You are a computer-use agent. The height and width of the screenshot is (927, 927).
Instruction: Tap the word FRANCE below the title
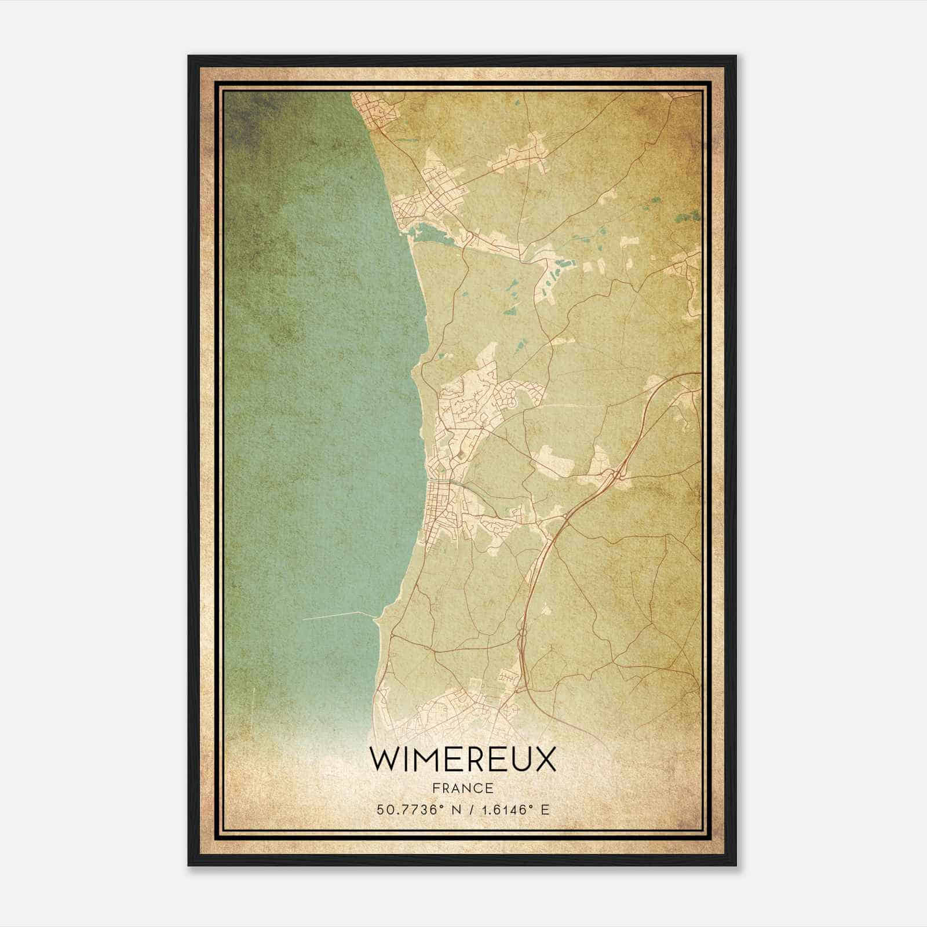462,788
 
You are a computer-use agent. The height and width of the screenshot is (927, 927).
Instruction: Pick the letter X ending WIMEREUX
545,760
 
